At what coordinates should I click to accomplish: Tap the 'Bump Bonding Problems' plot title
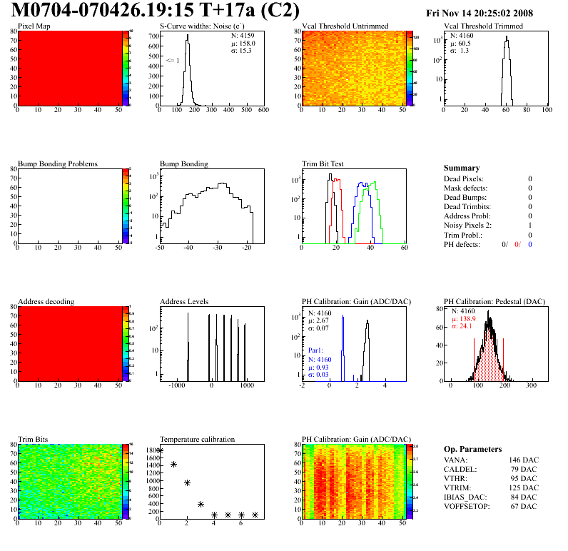pyautogui.click(x=57, y=163)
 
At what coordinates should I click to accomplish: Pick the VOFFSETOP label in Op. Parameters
pyautogui.click(x=467, y=507)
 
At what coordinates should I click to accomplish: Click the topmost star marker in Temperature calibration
pyautogui.click(x=160, y=450)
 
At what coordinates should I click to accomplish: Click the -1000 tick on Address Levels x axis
pyautogui.click(x=174, y=385)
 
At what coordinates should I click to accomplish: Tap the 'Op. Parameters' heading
pyautogui.click(x=472, y=449)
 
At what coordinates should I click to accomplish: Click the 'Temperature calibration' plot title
pyautogui.click(x=197, y=439)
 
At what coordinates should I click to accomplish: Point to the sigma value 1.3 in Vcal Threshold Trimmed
pyautogui.click(x=464, y=51)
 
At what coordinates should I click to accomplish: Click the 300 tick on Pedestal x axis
pyautogui.click(x=531, y=385)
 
